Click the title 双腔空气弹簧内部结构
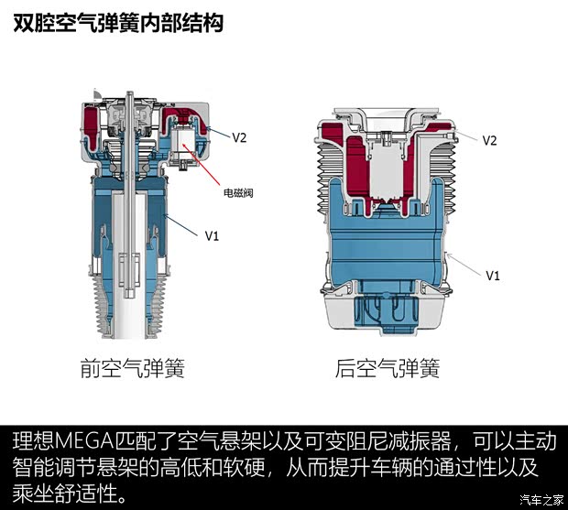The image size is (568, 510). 118,23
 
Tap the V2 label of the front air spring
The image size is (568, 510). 239,137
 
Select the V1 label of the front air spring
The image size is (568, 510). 213,235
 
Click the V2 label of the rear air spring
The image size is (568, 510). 489,140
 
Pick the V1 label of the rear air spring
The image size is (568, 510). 492,275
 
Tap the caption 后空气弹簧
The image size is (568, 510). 388,369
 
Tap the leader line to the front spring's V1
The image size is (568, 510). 182,223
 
